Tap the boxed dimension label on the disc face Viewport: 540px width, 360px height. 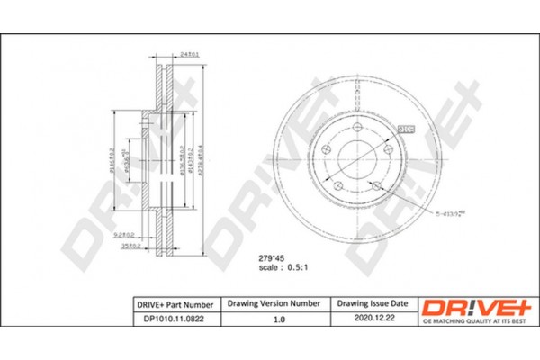tap(405, 129)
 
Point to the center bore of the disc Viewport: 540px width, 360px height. tap(353, 160)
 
